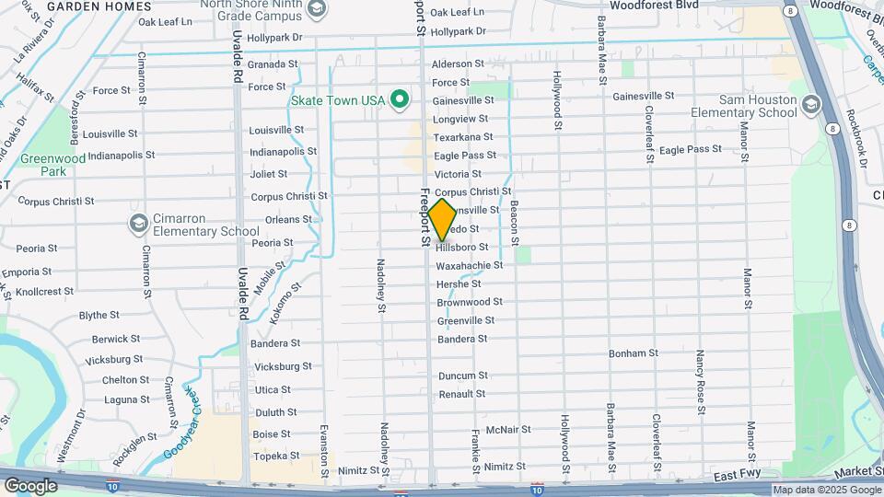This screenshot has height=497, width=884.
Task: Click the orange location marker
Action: coord(442,220)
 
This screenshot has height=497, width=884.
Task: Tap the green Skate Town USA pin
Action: coord(400,99)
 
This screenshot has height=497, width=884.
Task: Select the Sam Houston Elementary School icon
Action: coord(810,104)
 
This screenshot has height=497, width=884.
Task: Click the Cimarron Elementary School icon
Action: coord(138,224)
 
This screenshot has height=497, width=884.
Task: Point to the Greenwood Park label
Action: coord(55,165)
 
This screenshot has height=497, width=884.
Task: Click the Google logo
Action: coord(30,486)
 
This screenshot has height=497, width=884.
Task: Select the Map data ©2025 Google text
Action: coord(826,491)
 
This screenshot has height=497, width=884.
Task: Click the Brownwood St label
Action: coord(470,302)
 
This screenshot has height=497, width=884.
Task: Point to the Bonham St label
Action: coord(634,353)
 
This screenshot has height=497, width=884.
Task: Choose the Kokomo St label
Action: coord(293,303)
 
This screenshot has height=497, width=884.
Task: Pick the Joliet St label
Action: coord(269,173)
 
